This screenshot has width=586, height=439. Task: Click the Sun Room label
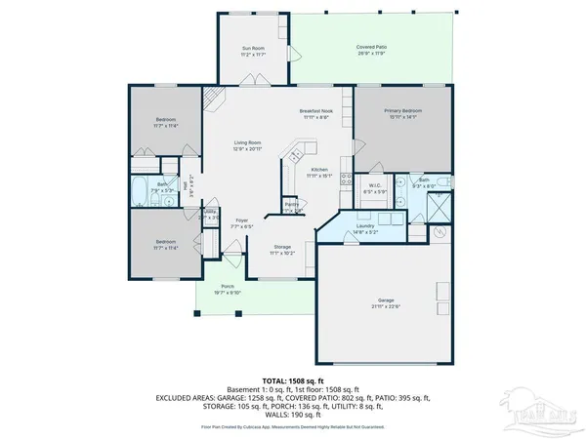pyautogui.click(x=253, y=48)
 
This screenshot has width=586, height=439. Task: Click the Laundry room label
pyautogui.click(x=366, y=225)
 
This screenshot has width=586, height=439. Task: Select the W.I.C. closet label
pyautogui.click(x=375, y=184)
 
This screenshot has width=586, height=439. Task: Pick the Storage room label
pyautogui.click(x=282, y=247)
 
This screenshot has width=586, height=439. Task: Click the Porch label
pyautogui.click(x=227, y=286)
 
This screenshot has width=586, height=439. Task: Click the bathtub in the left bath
pyautogui.click(x=139, y=191)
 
